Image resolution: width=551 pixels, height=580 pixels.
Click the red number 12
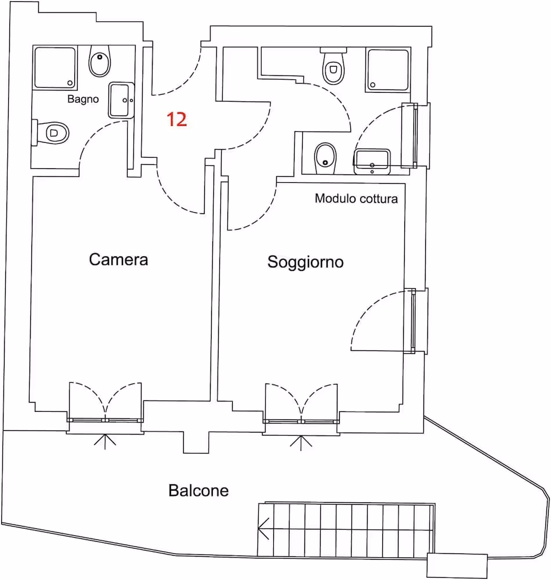point(177,119)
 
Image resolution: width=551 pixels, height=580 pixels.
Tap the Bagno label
point(83,99)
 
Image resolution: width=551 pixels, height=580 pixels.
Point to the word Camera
point(118,259)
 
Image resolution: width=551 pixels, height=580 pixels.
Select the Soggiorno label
point(306,262)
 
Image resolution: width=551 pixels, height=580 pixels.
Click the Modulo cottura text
point(356,198)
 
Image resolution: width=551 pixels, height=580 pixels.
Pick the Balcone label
point(198,491)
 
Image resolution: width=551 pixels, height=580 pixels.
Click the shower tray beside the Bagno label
point(55,67)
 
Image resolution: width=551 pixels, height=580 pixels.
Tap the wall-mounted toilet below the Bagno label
point(51,132)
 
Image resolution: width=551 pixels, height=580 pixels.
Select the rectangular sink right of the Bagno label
point(121,100)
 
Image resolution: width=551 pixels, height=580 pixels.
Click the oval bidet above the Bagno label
point(100,61)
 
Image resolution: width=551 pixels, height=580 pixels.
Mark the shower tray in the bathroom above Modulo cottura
point(387,70)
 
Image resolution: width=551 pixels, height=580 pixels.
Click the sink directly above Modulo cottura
point(372,161)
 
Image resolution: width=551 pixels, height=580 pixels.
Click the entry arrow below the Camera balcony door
point(105,441)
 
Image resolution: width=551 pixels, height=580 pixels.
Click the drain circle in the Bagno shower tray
point(70,83)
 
